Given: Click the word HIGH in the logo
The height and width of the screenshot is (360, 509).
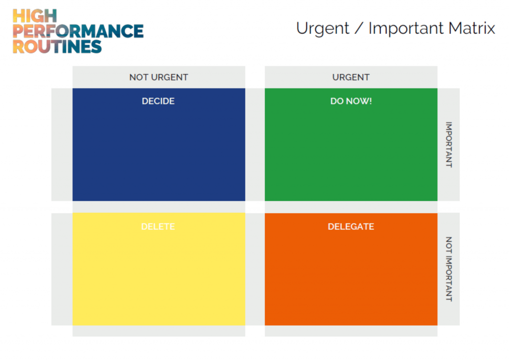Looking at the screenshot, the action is [35, 16].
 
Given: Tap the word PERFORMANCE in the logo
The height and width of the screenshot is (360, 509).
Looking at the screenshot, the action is [78, 31].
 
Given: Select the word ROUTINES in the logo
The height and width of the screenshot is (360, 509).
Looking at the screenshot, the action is [57, 46].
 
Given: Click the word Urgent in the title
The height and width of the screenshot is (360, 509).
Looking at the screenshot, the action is [323, 28].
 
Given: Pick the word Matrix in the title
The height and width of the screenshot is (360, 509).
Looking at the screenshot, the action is [472, 28].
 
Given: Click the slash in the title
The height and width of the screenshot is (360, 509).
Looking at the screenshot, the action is [359, 28].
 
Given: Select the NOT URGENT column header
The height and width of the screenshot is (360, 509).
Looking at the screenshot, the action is [159, 77].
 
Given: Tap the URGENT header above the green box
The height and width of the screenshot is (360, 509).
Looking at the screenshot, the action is [351, 77].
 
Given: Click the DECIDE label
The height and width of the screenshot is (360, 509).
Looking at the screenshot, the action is [158, 101].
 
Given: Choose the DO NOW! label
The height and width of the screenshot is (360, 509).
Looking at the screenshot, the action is [351, 101].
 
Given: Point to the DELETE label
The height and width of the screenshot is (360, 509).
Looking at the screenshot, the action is [158, 227].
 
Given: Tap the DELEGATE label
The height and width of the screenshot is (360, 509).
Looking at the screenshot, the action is [351, 227].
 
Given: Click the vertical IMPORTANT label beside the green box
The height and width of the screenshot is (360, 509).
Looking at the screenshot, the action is [449, 145].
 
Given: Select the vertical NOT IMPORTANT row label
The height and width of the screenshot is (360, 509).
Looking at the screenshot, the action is [449, 269].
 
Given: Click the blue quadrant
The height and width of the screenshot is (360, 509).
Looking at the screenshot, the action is [159, 145].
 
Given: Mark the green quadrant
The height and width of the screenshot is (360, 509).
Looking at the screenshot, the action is [351, 145].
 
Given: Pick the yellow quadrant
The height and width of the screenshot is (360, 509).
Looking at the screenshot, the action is [159, 269].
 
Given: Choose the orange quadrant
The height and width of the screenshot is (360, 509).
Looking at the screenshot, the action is [351, 269].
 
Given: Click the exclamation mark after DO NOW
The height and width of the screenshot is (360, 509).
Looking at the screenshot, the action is [370, 101].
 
